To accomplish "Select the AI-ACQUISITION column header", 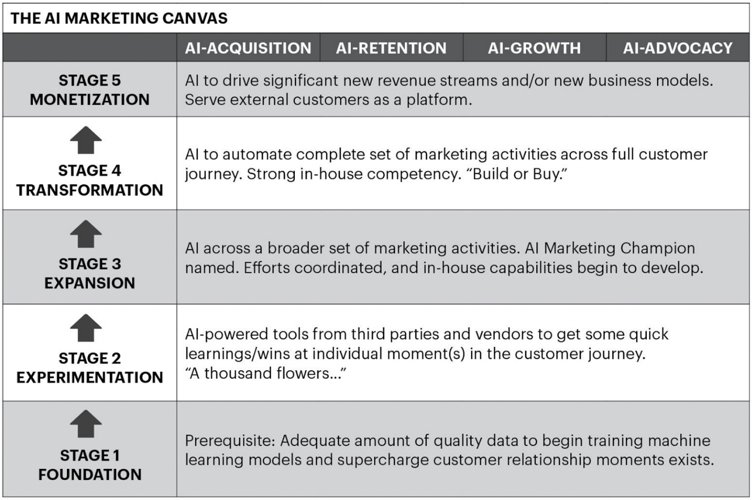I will [248, 49].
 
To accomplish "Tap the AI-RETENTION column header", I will [391, 49].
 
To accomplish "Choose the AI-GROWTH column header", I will [534, 49].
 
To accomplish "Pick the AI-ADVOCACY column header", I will [678, 49].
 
